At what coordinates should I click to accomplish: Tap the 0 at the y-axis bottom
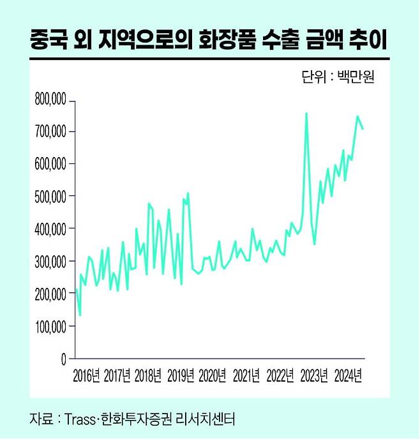[63, 359]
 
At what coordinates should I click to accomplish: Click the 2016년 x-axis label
[86, 375]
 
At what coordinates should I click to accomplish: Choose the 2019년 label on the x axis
[181, 375]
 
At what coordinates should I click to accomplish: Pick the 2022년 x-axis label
[281, 375]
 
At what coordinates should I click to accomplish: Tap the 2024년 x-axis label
[349, 375]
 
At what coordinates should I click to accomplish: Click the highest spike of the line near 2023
[306, 114]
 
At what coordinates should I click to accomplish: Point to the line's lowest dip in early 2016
[80, 315]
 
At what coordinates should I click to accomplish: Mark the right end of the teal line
[363, 129]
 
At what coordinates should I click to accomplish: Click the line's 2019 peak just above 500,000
[188, 193]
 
